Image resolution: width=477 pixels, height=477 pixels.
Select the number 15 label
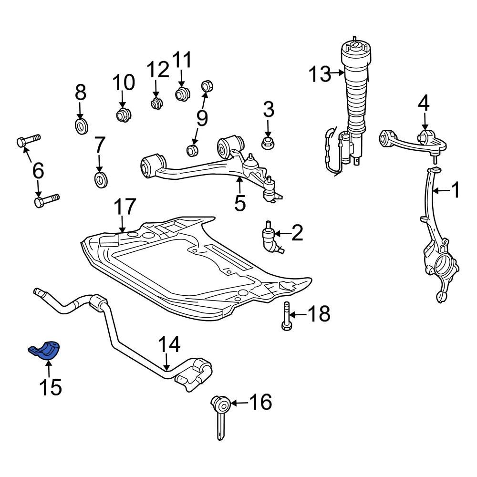click(51, 387)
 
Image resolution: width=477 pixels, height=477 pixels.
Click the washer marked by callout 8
click(81, 126)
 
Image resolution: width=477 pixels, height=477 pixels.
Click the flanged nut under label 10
click(123, 115)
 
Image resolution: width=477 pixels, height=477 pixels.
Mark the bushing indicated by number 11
click(182, 93)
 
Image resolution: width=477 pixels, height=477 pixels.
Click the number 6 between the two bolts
click(38, 170)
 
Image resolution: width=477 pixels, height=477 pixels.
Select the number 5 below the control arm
click(240, 203)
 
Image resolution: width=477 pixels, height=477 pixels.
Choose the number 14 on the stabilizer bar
click(169, 344)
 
